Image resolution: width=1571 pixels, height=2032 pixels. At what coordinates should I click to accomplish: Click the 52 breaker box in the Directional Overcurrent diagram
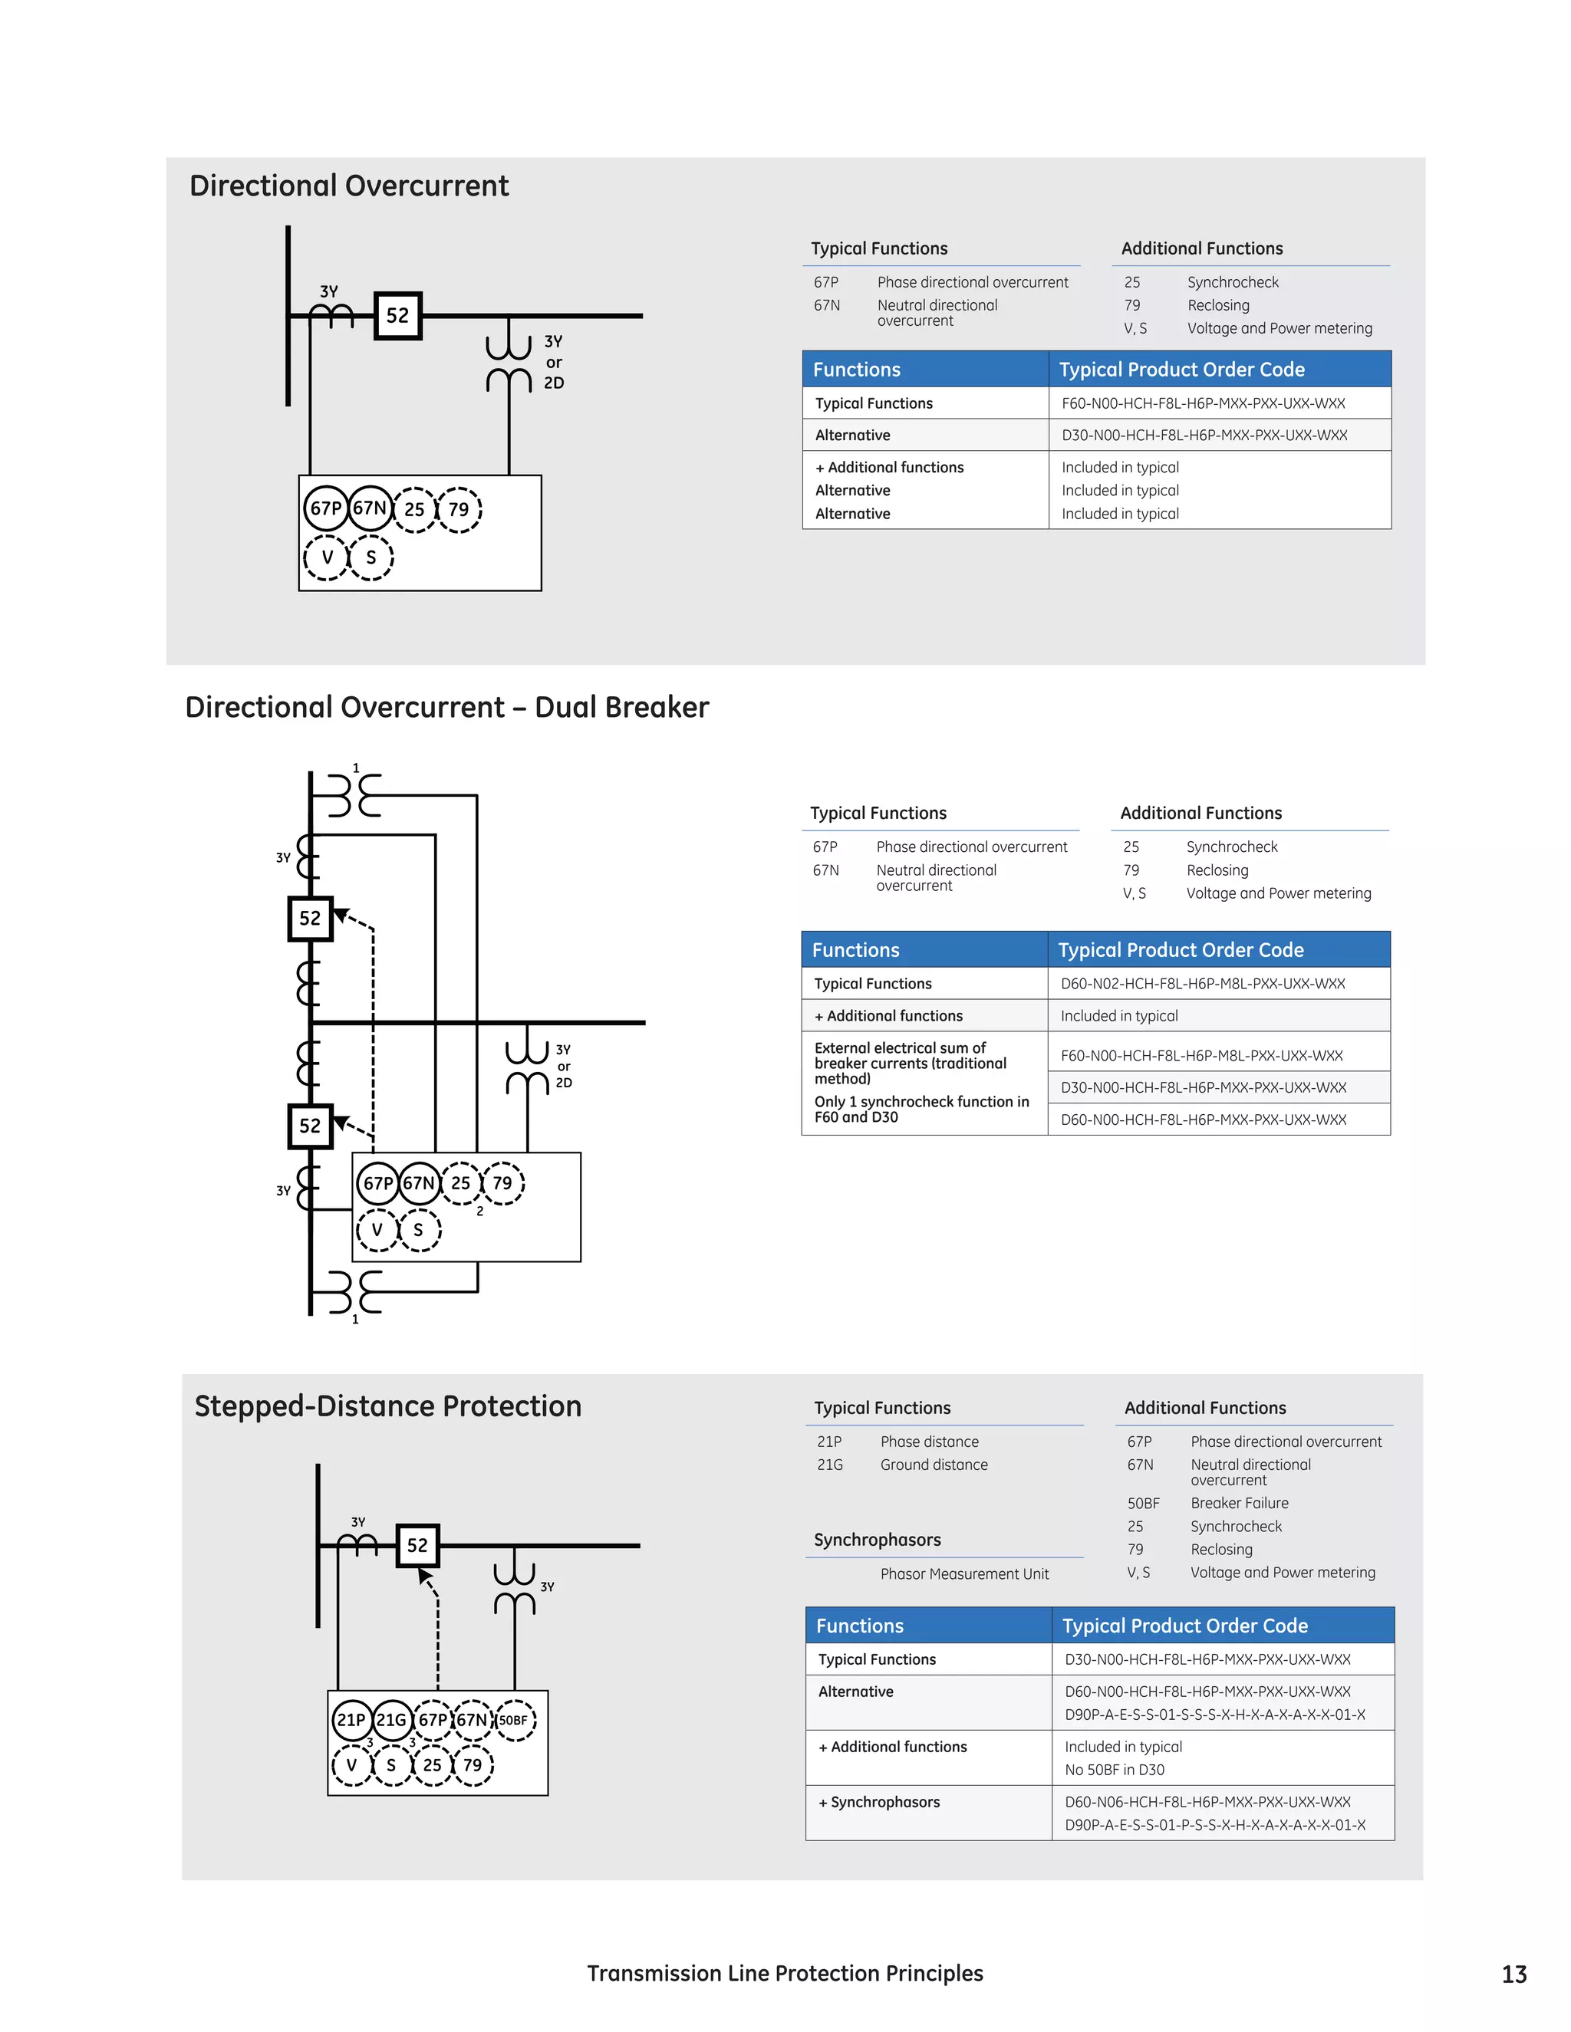pos(397,315)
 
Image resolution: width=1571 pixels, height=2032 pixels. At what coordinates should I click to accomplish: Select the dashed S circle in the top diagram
pos(371,557)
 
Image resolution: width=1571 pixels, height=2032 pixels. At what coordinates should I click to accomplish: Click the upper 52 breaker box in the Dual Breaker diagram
pos(310,919)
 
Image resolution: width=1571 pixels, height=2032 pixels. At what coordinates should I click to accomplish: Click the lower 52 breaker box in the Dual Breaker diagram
pos(310,1126)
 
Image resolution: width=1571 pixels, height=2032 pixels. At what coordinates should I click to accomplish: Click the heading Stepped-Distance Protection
pos(387,1406)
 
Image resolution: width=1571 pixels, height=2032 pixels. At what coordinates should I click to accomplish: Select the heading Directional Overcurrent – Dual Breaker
pos(446,707)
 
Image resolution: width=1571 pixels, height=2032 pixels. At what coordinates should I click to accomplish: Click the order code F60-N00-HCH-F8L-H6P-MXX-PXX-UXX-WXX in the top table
pos(1203,403)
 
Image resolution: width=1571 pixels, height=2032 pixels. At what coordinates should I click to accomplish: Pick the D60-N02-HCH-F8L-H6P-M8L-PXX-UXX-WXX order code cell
pos(1203,984)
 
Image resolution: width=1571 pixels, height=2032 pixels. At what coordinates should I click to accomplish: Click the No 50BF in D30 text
pos(1114,1770)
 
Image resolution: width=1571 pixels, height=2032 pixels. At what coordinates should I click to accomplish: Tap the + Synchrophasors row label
pos(878,1802)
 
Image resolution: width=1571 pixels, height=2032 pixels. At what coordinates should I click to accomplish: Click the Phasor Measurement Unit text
pos(964,1573)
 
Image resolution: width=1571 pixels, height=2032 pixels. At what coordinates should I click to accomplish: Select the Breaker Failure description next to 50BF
pos(1239,1503)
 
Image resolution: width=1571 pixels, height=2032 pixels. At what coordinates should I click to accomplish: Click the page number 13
pos(1513,1974)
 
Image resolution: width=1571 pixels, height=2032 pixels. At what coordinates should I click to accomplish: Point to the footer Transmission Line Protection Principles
pos(785,1974)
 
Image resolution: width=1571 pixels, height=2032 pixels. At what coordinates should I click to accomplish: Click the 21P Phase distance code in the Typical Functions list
pos(829,1442)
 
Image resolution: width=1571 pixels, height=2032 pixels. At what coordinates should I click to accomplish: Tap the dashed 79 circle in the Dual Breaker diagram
pos(502,1183)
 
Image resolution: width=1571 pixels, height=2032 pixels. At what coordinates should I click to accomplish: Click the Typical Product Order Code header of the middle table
pos(1180,950)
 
